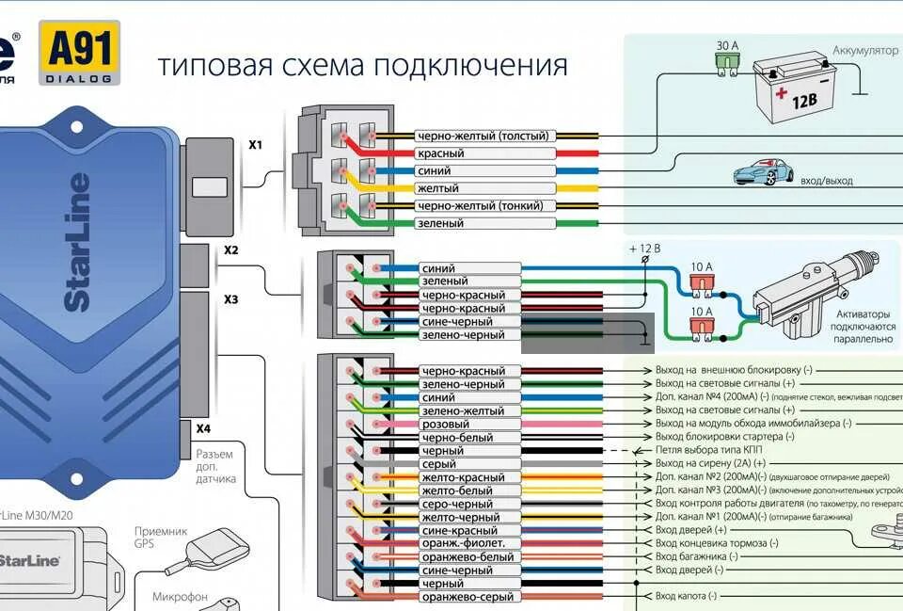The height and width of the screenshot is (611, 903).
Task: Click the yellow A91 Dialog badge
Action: (x=79, y=53)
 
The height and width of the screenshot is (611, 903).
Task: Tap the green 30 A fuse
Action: (x=726, y=62)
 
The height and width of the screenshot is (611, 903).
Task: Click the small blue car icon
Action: (x=763, y=173)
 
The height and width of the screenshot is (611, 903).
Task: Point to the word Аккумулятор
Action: (x=864, y=50)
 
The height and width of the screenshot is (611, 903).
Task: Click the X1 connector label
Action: (x=256, y=145)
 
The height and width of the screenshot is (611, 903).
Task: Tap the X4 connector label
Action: (x=203, y=428)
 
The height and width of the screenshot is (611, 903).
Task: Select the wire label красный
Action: (x=441, y=153)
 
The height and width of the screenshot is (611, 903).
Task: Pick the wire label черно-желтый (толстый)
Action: (x=483, y=137)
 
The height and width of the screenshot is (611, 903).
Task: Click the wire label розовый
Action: (x=445, y=425)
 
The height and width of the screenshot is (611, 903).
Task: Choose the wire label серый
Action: (x=438, y=464)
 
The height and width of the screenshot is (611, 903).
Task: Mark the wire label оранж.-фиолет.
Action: (x=464, y=543)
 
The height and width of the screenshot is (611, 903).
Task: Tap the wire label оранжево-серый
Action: (x=467, y=597)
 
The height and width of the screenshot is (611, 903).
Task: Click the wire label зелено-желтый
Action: (x=463, y=411)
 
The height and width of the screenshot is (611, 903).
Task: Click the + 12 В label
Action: (x=644, y=249)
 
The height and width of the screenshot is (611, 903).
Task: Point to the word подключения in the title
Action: (x=470, y=66)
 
